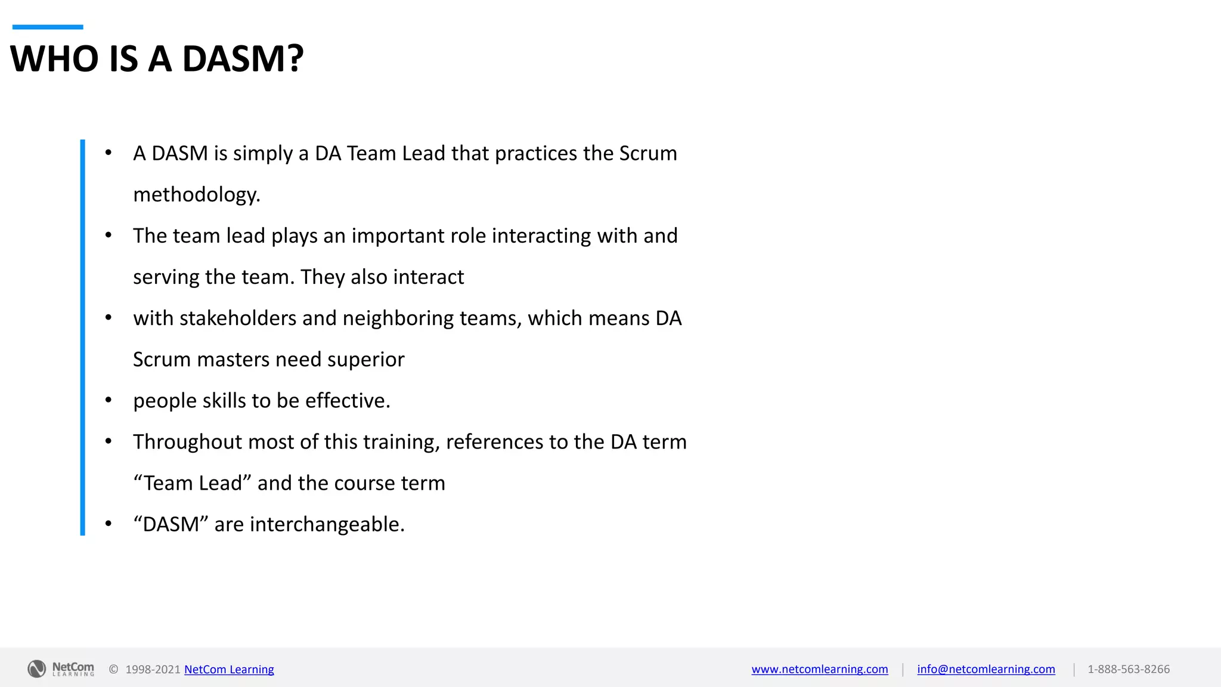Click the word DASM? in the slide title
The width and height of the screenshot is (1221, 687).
(243, 58)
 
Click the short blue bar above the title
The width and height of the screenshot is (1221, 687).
(48, 27)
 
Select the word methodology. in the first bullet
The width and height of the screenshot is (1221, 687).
(197, 195)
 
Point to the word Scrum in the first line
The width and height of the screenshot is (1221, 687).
(648, 153)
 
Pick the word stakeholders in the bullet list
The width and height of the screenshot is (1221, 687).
(237, 318)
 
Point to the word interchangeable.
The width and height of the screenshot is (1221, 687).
(327, 524)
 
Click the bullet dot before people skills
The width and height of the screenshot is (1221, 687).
(109, 400)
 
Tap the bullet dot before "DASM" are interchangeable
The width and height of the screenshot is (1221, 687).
(109, 524)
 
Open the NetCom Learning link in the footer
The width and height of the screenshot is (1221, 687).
(229, 670)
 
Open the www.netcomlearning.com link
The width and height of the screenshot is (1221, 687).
(820, 669)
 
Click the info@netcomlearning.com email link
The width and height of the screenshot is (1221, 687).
(986, 669)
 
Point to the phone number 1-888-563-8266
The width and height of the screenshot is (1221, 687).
(1129, 669)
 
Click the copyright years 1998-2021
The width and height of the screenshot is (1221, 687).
(153, 670)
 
